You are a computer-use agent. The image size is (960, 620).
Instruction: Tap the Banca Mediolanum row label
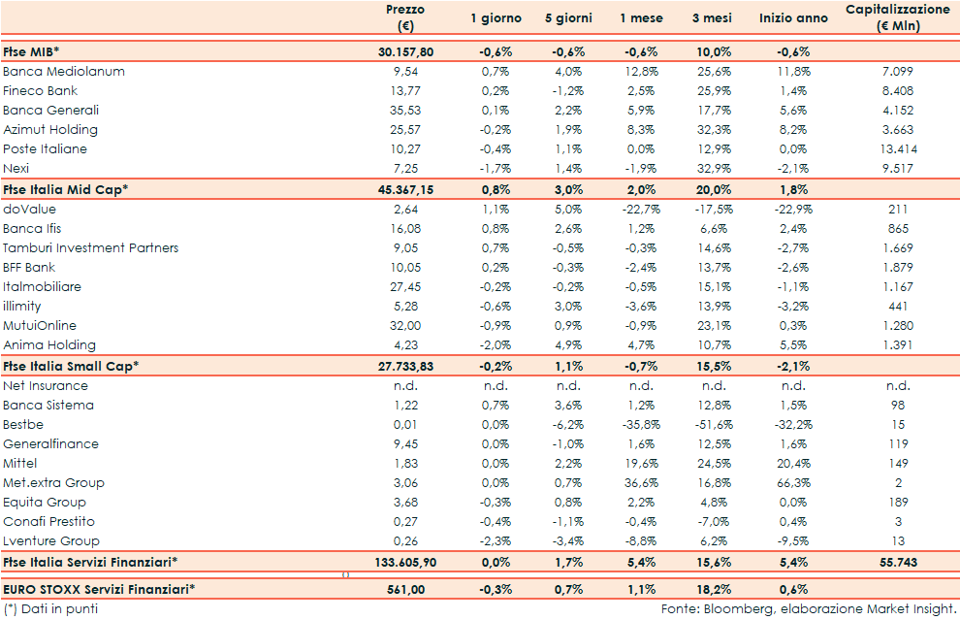coord(64,72)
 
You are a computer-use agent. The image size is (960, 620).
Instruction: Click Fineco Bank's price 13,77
coord(405,91)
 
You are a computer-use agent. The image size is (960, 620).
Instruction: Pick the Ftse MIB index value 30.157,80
coord(404,50)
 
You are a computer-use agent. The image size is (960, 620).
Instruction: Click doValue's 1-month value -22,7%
coord(639,209)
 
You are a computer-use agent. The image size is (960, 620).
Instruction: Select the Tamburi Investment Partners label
coord(91,247)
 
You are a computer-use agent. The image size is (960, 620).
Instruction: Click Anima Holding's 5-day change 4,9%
coord(567,345)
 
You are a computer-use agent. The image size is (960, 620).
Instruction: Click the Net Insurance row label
coord(46,386)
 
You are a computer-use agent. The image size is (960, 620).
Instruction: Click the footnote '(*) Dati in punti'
coord(50,609)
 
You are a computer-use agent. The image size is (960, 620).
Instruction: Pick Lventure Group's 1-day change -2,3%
coord(496,541)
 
